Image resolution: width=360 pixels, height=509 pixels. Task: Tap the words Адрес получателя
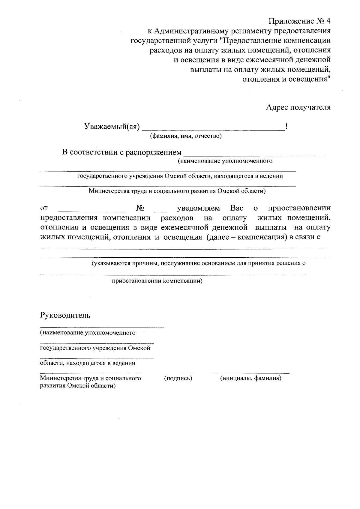click(298, 107)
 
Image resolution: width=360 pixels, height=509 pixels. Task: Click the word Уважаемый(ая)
click(112, 127)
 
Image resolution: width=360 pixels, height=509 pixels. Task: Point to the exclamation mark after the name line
click(287, 127)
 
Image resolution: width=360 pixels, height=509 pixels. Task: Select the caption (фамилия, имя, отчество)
click(186, 136)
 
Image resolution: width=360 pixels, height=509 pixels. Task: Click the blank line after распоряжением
click(253, 155)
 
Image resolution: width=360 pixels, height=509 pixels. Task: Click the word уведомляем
click(198, 208)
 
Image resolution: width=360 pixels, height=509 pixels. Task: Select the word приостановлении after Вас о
click(299, 208)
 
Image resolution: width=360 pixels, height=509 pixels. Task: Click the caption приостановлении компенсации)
click(157, 281)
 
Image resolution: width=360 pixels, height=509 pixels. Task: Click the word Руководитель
click(65, 315)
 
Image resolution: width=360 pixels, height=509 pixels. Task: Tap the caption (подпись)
click(178, 378)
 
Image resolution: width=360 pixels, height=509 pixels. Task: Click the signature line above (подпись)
click(178, 374)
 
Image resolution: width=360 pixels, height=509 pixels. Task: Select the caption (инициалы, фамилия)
click(251, 378)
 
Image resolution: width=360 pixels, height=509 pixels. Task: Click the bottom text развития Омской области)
click(78, 386)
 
